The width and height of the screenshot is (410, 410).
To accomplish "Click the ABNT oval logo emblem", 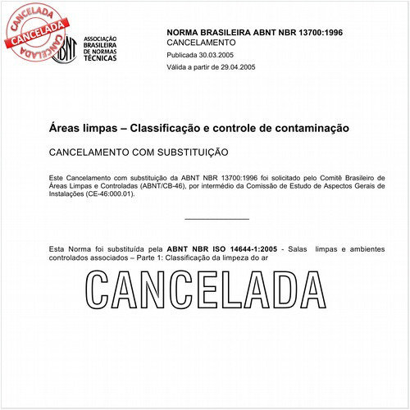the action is coord(67,50).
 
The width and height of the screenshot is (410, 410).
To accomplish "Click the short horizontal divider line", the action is coord(216,219).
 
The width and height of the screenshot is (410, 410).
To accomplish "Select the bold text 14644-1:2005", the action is coord(255,247).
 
